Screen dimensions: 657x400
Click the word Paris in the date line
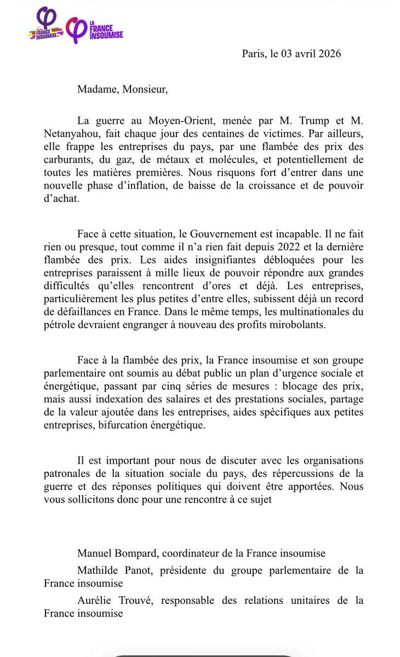[253, 55]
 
